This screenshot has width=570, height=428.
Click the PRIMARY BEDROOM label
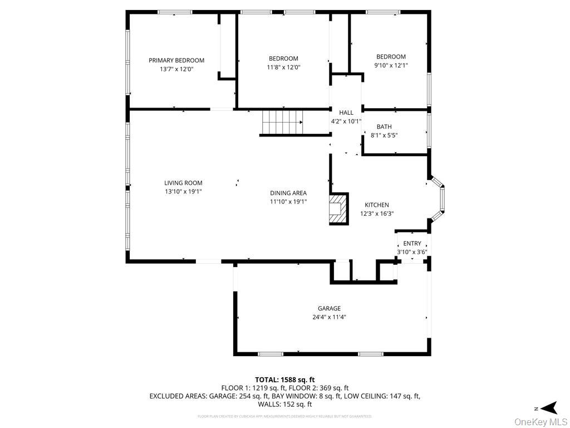(176, 60)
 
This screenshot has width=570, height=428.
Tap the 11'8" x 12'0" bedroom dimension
(283, 67)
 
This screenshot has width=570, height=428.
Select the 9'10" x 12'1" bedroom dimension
(391, 65)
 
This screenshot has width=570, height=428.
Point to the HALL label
(346, 113)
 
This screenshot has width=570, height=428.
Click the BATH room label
(384, 127)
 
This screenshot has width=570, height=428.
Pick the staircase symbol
(282, 122)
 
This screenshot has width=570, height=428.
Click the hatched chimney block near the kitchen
(338, 209)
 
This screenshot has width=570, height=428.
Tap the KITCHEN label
(377, 205)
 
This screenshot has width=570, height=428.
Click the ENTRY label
(412, 244)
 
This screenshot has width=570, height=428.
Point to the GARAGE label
(329, 308)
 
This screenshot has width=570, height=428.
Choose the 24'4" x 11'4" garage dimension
(329, 317)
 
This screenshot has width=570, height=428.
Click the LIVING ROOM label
(183, 183)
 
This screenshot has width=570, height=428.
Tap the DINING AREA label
(288, 193)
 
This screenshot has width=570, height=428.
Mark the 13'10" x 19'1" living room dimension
(183, 192)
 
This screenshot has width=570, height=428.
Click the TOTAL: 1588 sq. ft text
(284, 380)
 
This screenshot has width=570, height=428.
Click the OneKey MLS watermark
(541, 421)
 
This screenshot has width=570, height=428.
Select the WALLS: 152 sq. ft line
(284, 404)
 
